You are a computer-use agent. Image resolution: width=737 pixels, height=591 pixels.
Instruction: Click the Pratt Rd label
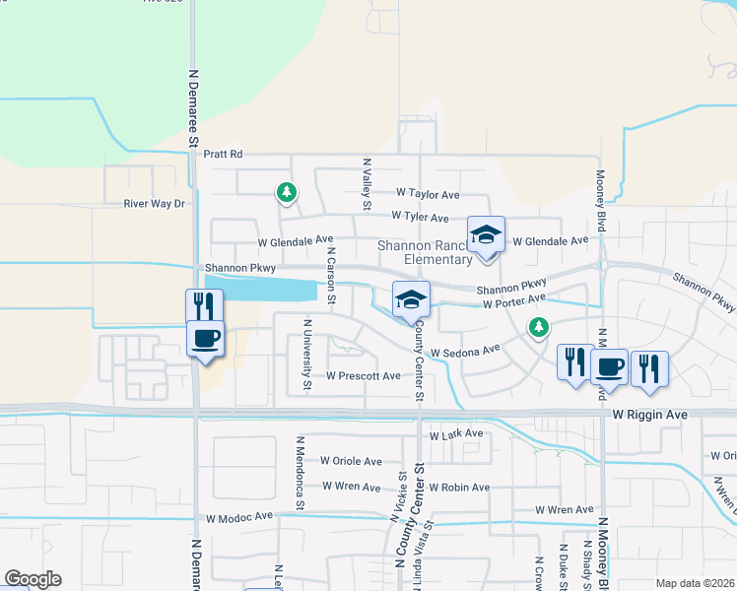click(x=223, y=155)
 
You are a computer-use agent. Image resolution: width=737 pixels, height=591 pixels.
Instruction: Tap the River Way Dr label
click(x=155, y=204)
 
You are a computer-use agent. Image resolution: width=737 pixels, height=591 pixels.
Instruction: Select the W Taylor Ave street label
click(x=429, y=195)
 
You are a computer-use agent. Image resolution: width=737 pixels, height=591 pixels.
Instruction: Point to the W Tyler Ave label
click(x=420, y=217)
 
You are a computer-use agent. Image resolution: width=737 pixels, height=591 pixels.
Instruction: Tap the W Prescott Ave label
click(x=364, y=376)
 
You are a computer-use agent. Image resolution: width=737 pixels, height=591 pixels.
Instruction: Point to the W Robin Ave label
click(x=459, y=488)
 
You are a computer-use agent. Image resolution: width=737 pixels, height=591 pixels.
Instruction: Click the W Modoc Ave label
click(x=239, y=517)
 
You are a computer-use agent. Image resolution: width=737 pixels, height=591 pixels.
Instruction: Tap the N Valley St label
click(x=367, y=182)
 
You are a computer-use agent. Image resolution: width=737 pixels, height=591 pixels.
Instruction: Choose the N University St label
click(x=307, y=355)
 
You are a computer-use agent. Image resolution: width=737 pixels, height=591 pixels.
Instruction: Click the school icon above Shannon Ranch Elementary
click(x=486, y=235)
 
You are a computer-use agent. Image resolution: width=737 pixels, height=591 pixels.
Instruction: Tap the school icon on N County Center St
click(x=411, y=300)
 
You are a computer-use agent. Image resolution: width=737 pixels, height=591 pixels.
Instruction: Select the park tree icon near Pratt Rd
click(x=286, y=192)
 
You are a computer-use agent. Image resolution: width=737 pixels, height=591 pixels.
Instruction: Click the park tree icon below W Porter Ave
click(x=538, y=326)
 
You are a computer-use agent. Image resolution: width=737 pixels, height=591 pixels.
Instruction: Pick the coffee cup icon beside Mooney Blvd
click(x=609, y=367)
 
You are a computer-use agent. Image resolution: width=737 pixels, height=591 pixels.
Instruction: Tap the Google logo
click(x=33, y=579)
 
